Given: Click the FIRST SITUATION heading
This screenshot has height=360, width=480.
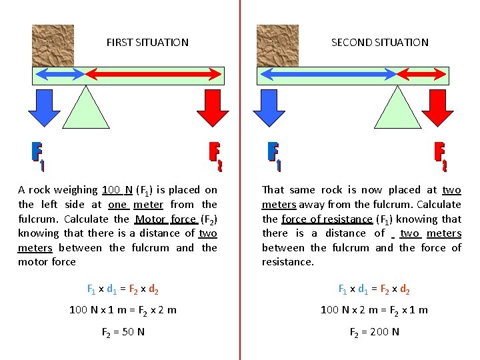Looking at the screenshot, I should (x=147, y=42).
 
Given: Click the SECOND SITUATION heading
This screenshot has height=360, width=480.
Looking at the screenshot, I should (x=379, y=42).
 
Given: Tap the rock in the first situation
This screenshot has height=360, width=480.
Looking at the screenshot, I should (x=53, y=45).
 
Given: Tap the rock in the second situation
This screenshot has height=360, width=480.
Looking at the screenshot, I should (x=277, y=45).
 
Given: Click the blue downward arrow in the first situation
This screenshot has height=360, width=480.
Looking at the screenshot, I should (x=44, y=106).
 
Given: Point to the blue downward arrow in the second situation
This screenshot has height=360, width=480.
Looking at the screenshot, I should (x=269, y=106).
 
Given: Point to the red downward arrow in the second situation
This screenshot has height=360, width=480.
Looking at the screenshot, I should (x=437, y=106).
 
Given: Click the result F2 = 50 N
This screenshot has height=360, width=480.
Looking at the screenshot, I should (x=123, y=331).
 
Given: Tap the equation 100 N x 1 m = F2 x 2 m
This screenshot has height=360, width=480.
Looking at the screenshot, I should (x=123, y=310).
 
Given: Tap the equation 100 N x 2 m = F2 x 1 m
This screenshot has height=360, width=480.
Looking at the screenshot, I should (x=374, y=310).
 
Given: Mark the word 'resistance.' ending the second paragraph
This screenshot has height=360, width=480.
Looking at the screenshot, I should (x=287, y=262).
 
